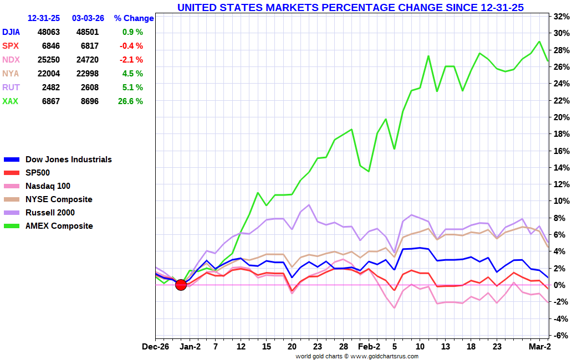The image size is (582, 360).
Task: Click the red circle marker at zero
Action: (181, 285)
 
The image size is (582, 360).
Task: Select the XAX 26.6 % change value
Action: (132, 101)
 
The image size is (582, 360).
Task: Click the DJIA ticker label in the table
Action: (11, 32)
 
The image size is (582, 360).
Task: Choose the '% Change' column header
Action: (134, 18)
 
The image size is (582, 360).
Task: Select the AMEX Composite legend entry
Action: (59, 226)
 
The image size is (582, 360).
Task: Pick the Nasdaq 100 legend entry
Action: (48, 186)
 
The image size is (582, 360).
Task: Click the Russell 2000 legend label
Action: (50, 213)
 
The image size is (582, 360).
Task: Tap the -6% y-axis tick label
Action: (561, 336)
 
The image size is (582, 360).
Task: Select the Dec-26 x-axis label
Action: (156, 347)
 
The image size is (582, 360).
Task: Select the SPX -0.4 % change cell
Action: (132, 46)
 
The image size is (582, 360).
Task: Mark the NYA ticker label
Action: (11, 74)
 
